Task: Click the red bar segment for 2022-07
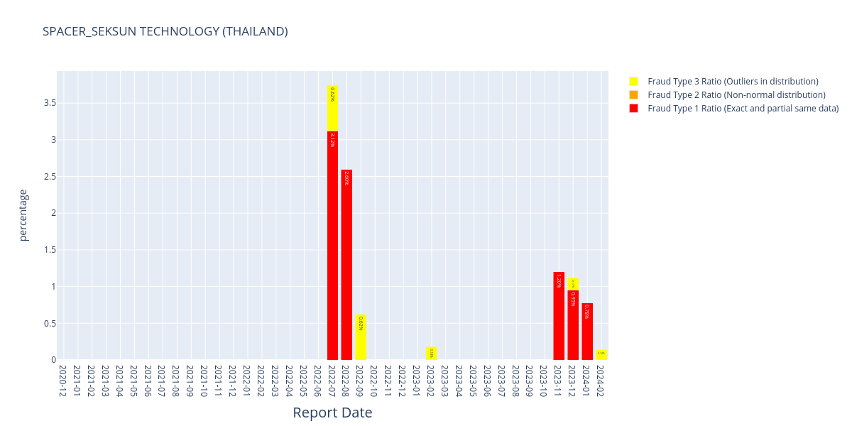tap(332, 245)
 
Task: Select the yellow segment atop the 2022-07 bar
tap(332, 109)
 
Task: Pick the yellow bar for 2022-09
tap(361, 338)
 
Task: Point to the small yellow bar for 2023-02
tap(431, 354)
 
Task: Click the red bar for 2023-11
tap(559, 316)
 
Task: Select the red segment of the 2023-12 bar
tap(573, 324)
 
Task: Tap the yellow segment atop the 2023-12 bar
tap(573, 284)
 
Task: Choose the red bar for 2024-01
tap(587, 332)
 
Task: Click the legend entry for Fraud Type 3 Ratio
tap(733, 82)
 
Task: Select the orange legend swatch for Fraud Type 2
tap(633, 94)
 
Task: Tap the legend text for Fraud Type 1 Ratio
tap(743, 108)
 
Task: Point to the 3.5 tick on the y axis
tap(50, 103)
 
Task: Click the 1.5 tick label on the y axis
tap(50, 250)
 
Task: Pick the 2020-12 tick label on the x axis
tap(63, 381)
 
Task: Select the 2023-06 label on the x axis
tap(488, 381)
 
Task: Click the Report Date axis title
tap(332, 413)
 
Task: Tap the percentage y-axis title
tap(23, 215)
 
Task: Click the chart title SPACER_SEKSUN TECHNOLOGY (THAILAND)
tap(165, 31)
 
